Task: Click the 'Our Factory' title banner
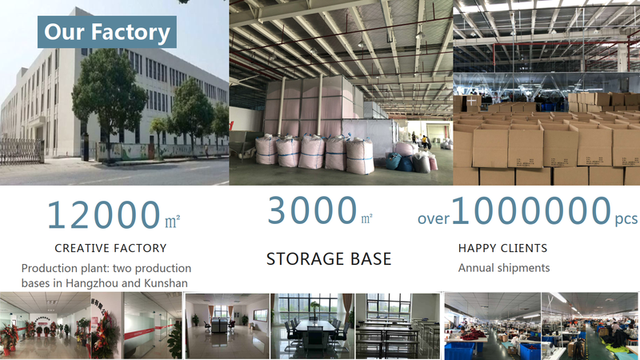coord(107,32)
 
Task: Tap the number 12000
coord(104,214)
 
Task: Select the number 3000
coord(312,210)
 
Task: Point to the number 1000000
coord(531,210)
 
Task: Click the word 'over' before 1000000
coord(433,219)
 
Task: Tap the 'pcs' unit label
coord(626,219)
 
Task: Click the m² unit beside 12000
coord(172,222)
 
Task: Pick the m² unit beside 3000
coord(366,218)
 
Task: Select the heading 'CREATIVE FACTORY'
coord(110,248)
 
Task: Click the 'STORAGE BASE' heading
coord(329,258)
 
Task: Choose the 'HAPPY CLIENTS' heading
coord(503,248)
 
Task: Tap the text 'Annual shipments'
coord(504,268)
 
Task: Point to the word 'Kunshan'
coord(165,283)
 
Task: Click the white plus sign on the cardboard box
coord(471,101)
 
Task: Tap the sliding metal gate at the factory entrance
coord(22,151)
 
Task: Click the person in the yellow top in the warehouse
coord(425,142)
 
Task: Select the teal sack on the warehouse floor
coord(394,161)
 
